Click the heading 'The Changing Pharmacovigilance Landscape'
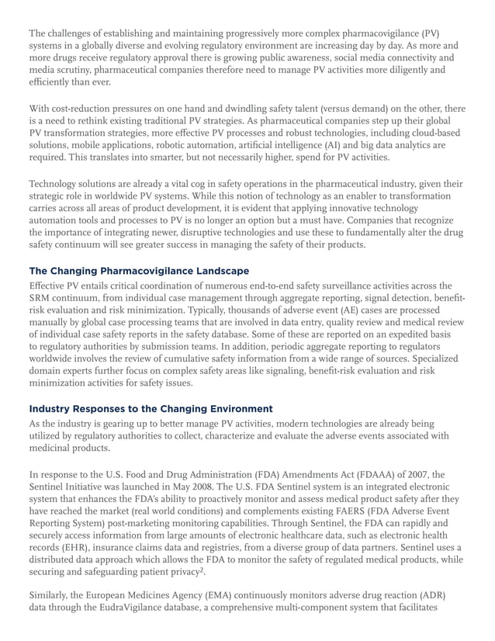click(x=139, y=271)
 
